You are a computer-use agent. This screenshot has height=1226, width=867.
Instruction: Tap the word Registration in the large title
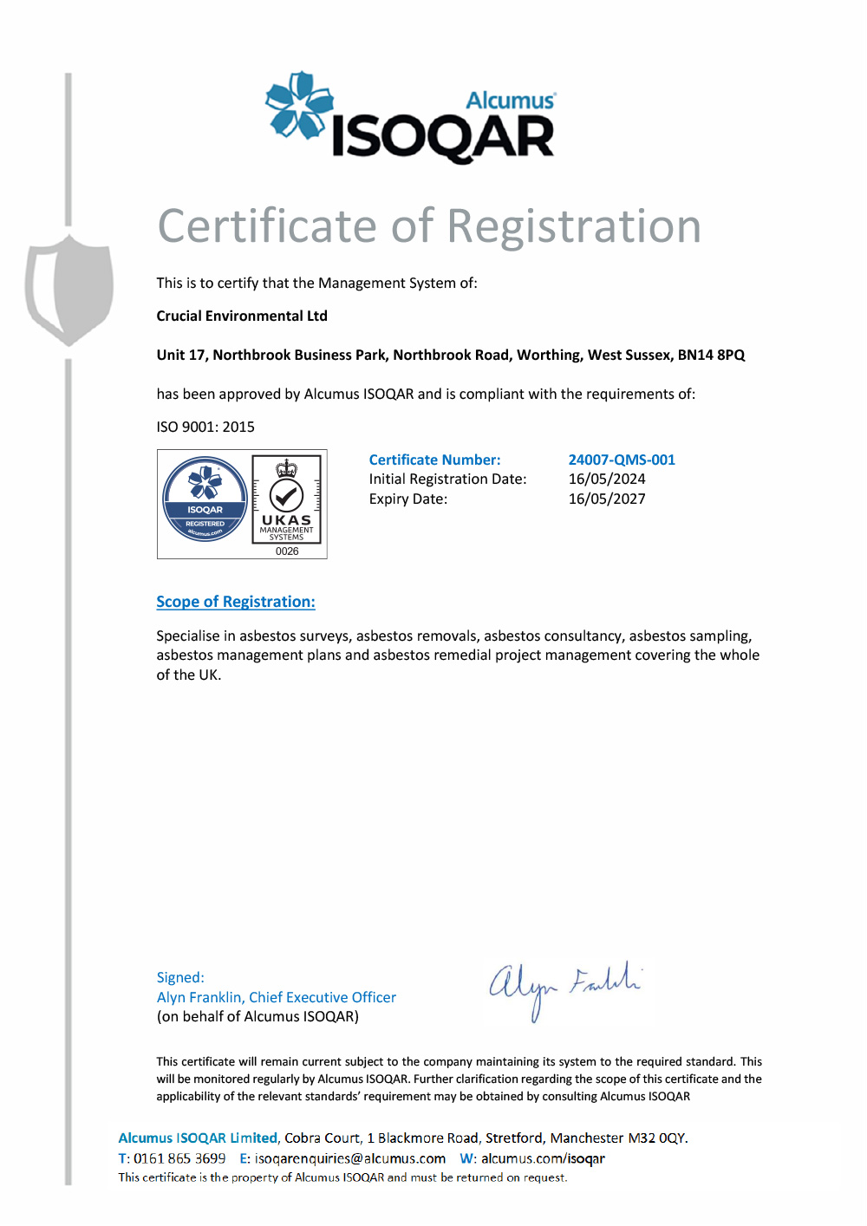(574, 227)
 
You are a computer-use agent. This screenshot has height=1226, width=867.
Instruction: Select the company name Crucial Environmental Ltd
(242, 316)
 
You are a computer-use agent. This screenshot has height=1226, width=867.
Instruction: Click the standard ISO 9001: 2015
(205, 427)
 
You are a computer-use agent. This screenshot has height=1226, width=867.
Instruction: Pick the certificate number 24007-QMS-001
(622, 460)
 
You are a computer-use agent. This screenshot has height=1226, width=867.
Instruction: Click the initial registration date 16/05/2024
(607, 479)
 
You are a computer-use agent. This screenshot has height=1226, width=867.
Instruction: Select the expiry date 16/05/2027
(607, 499)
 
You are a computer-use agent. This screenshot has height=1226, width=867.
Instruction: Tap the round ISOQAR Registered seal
(205, 499)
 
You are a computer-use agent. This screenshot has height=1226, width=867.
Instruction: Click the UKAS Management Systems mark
(286, 499)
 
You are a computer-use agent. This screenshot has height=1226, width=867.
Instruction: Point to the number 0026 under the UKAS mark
(287, 551)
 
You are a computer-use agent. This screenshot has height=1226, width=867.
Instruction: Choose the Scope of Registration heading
(236, 602)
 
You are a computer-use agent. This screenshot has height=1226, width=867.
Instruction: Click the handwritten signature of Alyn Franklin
(564, 987)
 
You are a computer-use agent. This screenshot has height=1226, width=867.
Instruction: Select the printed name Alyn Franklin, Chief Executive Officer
(277, 997)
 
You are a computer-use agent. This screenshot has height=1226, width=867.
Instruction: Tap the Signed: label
(180, 977)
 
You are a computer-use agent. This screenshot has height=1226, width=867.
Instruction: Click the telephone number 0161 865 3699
(179, 1158)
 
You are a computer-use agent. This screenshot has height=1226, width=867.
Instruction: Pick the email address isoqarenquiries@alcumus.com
(350, 1158)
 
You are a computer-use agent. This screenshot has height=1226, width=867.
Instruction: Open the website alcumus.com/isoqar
(543, 1158)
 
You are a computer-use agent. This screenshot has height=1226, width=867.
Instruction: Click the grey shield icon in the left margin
(69, 288)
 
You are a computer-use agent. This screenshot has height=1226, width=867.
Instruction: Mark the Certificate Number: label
(434, 460)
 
